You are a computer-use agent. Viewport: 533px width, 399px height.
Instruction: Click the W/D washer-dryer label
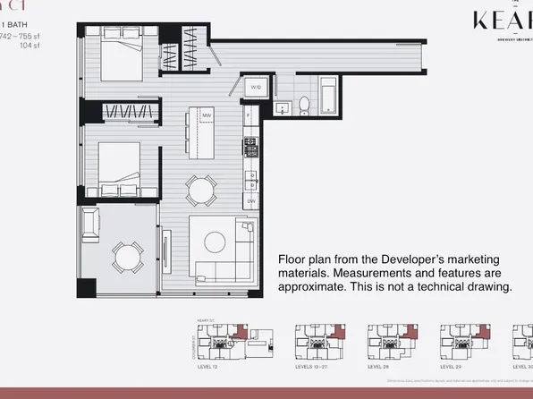pos(256,88)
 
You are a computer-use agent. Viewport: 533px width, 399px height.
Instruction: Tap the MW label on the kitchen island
pos(206,115)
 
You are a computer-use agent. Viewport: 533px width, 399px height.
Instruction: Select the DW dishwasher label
pos(251,201)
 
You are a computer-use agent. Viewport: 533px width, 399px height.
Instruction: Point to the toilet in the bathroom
pos(304,106)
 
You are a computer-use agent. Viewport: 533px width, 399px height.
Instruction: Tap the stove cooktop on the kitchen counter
pos(250,146)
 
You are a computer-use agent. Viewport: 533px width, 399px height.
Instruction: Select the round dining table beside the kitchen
pos(200,190)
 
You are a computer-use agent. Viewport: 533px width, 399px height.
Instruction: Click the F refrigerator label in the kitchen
pos(249,115)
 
